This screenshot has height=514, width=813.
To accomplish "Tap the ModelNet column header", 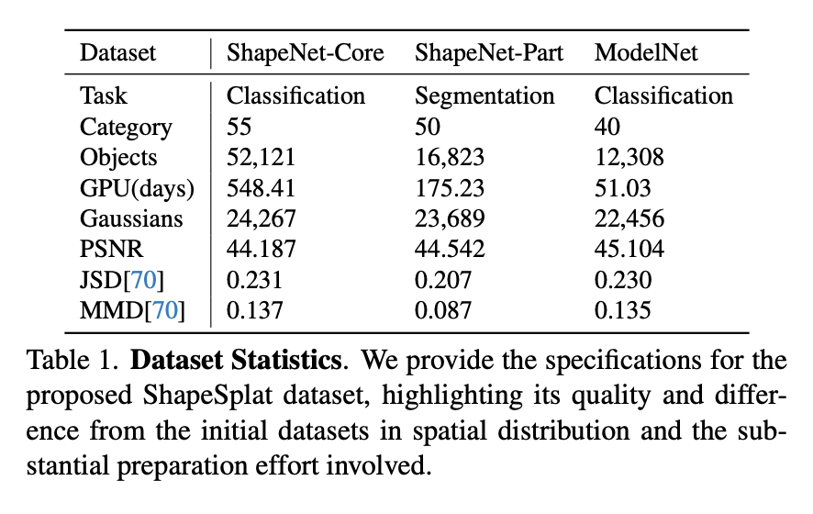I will pos(646,52).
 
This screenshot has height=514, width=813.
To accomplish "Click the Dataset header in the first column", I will pos(118,52).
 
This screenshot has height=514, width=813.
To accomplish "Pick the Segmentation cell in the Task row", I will pos(484,96).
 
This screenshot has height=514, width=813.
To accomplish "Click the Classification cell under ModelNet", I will pos(663,96).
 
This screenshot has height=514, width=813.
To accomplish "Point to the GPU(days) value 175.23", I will pos(449,188).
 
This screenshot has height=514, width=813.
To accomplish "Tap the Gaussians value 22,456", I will pos(629,219).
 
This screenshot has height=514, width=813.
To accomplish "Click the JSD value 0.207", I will pos(442,281).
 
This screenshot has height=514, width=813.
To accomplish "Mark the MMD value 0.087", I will pos(442,311).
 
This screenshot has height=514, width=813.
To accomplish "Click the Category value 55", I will pos(239,127).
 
